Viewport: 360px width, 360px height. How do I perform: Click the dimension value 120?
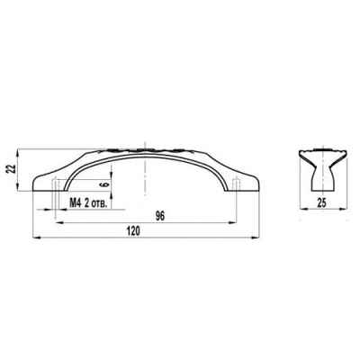pyautogui.click(x=133, y=231)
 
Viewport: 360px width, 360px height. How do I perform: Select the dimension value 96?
pyautogui.click(x=160, y=217)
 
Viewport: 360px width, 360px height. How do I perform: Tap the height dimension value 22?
pyautogui.click(x=12, y=170)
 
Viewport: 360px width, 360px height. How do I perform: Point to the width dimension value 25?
pyautogui.click(x=321, y=203)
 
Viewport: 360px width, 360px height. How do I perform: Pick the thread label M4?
pyautogui.click(x=75, y=203)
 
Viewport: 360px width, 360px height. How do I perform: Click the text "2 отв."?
pyautogui.click(x=95, y=203)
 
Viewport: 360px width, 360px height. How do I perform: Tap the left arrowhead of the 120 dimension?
pyautogui.click(x=36, y=238)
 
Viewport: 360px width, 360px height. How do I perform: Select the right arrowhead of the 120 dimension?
pyautogui.click(x=255, y=238)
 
